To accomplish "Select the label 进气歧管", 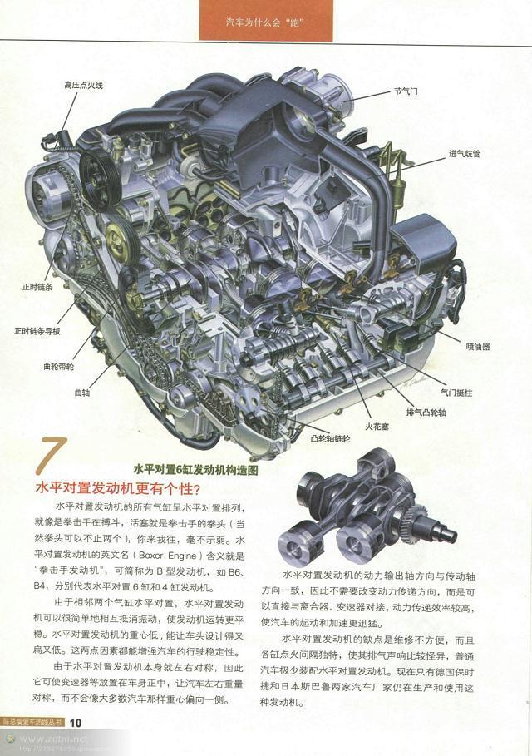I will (x=465, y=154).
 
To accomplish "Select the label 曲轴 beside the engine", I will (x=81, y=391).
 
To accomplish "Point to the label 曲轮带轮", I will (x=58, y=365).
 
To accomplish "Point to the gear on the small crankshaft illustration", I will (x=412, y=523).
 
